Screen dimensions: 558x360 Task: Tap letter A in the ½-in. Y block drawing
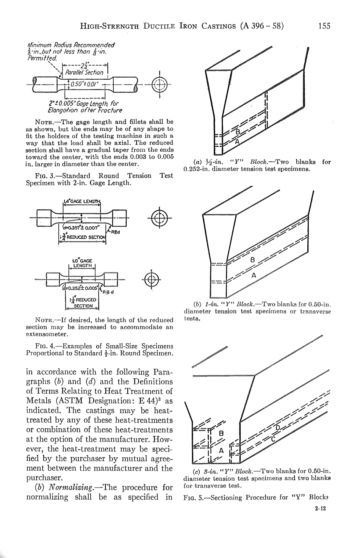pos(238,141)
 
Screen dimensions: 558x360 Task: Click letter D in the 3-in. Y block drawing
pos(277,428)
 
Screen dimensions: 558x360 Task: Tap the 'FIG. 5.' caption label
pos(194,497)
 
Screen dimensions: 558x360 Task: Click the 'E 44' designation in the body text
pos(144,401)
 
